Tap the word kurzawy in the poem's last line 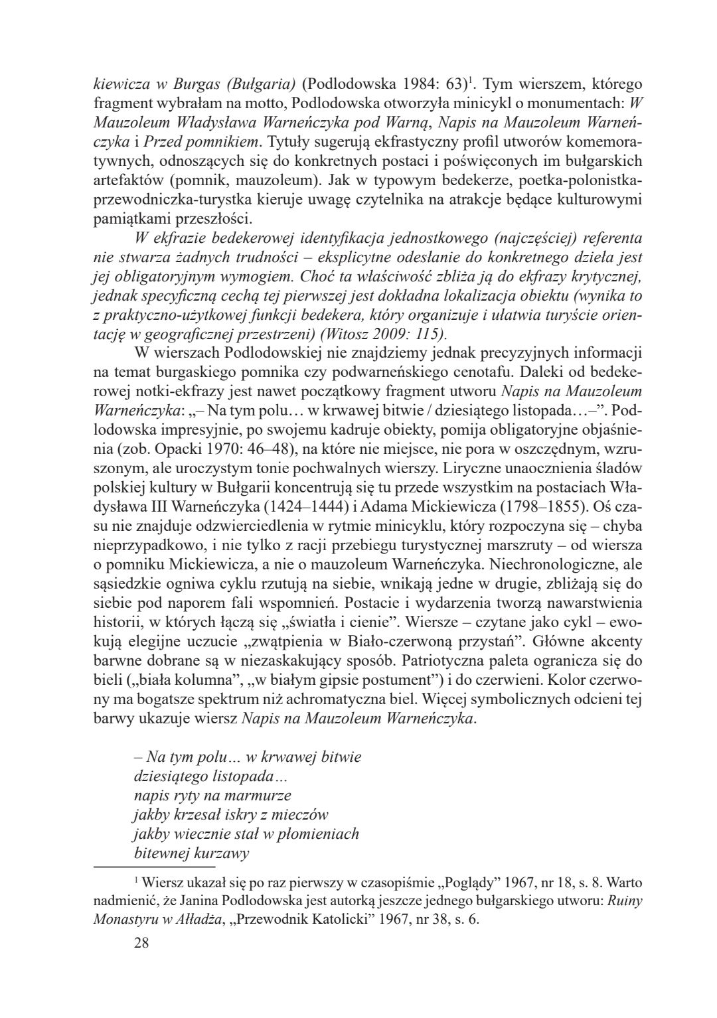(222, 853)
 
